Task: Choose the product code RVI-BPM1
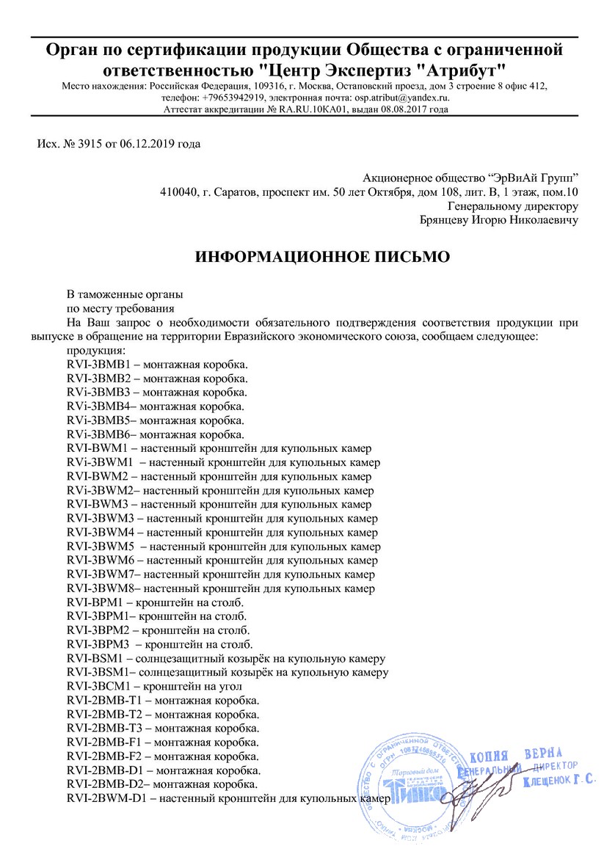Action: pyautogui.click(x=96, y=602)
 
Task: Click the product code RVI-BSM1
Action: pyautogui.click(x=97, y=658)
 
